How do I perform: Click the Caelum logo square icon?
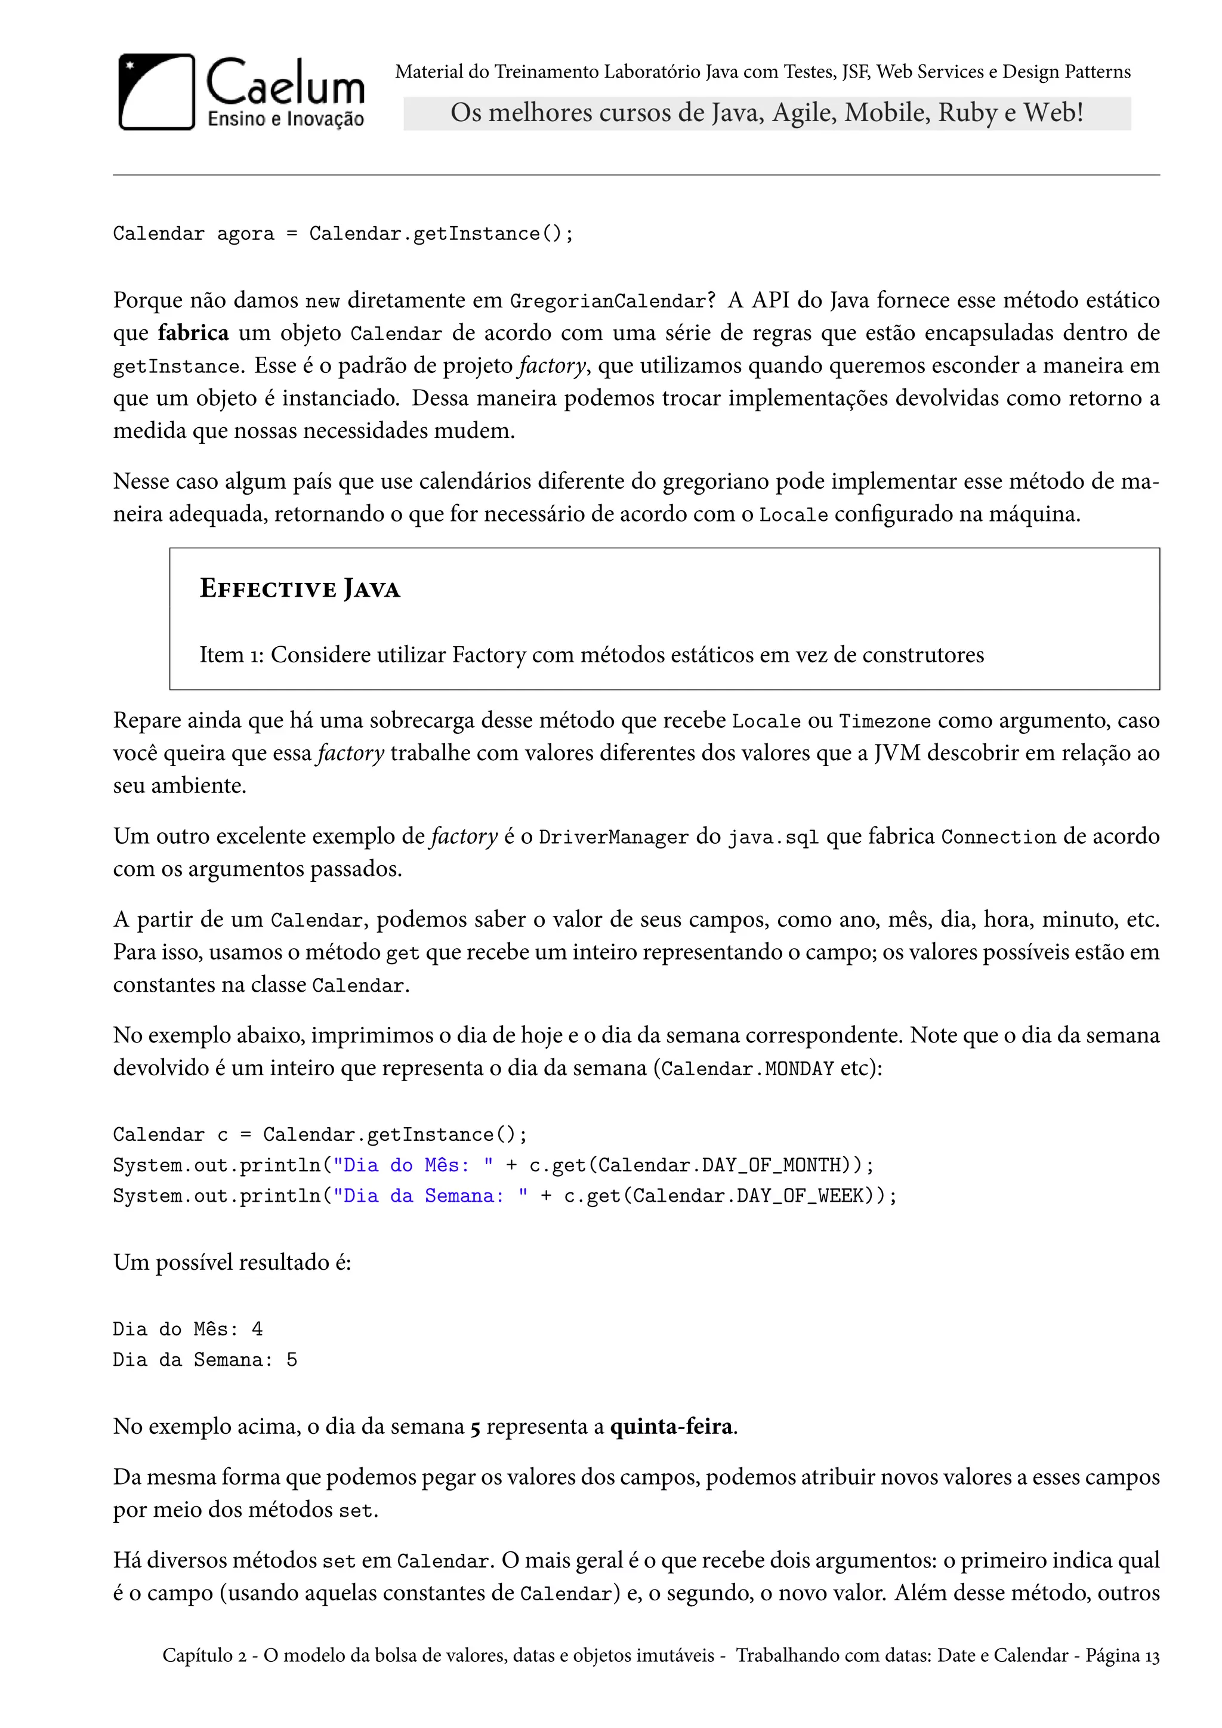point(156,92)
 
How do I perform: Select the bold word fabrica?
point(193,333)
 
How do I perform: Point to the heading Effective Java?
point(300,588)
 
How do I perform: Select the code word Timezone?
point(884,721)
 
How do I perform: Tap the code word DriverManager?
point(613,837)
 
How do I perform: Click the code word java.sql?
point(773,837)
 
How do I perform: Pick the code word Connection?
point(998,837)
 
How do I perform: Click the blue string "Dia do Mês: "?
point(413,1165)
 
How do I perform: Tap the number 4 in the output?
point(257,1329)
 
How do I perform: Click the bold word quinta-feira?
point(671,1427)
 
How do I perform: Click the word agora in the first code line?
point(245,234)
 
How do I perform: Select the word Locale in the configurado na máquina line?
point(793,515)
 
